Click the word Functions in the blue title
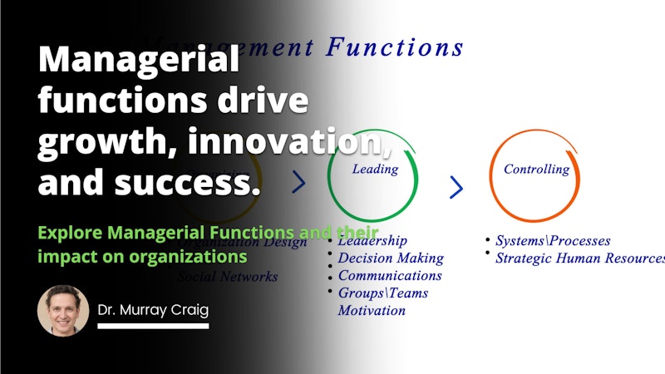(395, 47)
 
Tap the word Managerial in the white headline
(138, 62)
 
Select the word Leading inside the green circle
(375, 169)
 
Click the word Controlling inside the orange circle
(536, 169)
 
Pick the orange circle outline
(490, 179)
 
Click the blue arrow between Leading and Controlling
(456, 187)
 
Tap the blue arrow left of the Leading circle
(299, 182)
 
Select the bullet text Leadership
(372, 241)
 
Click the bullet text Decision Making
(390, 258)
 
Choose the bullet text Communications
(389, 275)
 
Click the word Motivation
(371, 310)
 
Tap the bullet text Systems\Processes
(552, 241)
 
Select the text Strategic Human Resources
(579, 258)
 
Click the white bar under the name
(153, 325)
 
